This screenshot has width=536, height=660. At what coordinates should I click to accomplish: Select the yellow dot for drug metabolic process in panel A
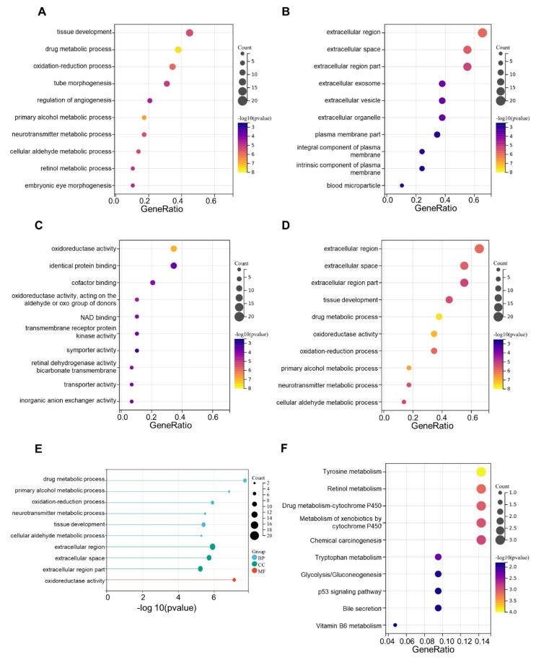178,50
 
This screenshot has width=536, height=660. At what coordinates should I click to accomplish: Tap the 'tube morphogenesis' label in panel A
82,84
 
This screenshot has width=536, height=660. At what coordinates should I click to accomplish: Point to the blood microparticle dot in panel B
402,185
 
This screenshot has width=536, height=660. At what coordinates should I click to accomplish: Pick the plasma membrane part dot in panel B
437,135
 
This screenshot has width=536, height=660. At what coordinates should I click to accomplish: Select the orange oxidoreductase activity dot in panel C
174,249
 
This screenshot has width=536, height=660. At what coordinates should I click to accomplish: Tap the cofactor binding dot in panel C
153,283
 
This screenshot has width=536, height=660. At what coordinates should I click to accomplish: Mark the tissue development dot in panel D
449,299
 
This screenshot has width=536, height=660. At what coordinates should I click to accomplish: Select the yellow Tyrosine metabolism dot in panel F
481,472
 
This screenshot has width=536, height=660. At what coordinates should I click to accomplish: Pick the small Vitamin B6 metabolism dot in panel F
395,625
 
